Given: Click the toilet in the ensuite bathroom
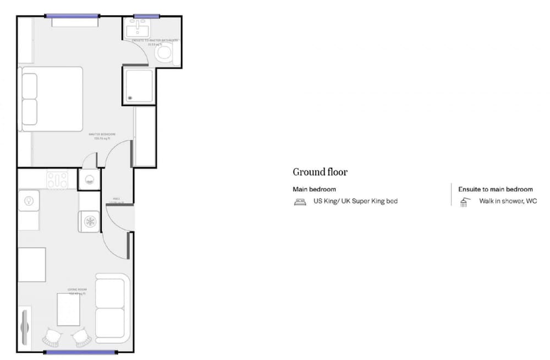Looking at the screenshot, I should pyautogui.click(x=163, y=53).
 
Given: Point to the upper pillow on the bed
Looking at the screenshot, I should pyautogui.click(x=29, y=86).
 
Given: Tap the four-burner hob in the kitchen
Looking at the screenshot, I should pyautogui.click(x=57, y=179).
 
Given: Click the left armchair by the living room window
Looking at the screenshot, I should pyautogui.click(x=53, y=336).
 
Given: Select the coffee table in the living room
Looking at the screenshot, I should pyautogui.click(x=68, y=309).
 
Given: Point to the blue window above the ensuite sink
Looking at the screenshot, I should pyautogui.click(x=146, y=16).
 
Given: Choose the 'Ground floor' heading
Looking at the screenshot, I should pyautogui.click(x=320, y=172).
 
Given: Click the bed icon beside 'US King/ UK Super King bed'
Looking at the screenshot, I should pyautogui.click(x=300, y=202).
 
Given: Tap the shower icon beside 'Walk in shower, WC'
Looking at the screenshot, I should pyautogui.click(x=465, y=202).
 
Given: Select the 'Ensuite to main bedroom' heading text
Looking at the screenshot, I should pyautogui.click(x=495, y=189).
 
